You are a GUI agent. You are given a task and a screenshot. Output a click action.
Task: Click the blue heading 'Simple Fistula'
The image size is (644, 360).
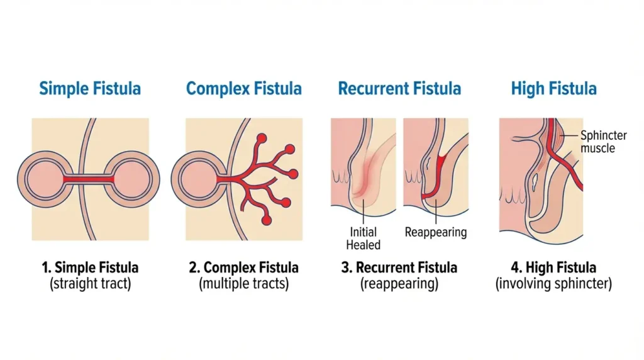pos(90,88)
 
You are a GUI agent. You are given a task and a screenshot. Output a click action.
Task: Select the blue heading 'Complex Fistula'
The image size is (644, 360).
pos(244,88)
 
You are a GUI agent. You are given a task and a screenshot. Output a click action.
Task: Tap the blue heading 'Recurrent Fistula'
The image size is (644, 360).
pos(399,88)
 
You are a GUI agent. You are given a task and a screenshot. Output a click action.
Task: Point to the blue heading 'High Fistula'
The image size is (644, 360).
pos(553,88)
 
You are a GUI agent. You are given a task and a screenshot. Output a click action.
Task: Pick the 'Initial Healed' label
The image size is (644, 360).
pos(364,239)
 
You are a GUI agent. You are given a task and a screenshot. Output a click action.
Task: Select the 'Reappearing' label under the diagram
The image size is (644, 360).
pos(436,232)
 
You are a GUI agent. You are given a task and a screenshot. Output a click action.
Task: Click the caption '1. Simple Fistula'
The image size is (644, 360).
pos(90,267)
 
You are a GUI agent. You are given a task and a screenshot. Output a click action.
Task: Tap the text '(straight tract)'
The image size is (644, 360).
pos(90,284)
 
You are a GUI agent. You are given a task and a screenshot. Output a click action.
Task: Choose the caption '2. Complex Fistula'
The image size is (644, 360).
pos(244,267)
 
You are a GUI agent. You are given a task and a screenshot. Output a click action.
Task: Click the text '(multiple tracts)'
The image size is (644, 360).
pos(244,284)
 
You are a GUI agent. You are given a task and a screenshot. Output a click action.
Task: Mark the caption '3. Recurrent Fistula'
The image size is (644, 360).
pos(399,267)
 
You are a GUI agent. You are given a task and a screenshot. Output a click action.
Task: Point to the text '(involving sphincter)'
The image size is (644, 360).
pos(553,284)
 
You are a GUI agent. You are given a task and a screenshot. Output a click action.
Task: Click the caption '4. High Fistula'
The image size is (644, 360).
pos(553,267)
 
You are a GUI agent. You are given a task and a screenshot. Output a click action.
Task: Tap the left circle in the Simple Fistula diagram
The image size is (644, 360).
pos(41,179)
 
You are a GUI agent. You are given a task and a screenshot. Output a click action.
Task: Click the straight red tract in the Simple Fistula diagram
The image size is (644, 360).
pos(89,179)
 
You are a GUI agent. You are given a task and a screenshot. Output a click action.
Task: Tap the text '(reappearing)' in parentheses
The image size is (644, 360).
pos(399,284)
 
